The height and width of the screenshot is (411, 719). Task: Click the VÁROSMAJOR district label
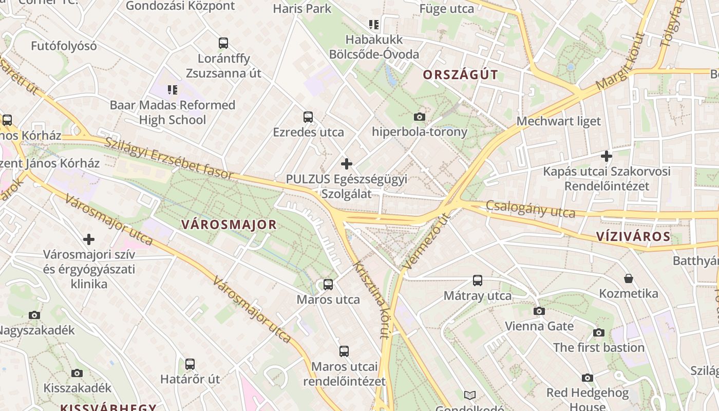(229, 225)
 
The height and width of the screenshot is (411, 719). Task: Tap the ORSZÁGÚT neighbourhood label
(460, 75)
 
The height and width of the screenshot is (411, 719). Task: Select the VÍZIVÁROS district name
(633, 236)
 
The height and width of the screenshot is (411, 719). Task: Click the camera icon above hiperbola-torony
(420, 117)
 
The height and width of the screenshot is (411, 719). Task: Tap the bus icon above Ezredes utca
(308, 117)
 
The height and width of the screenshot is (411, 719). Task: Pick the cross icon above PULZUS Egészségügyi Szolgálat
(347, 164)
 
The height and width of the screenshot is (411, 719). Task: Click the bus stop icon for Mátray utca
(478, 281)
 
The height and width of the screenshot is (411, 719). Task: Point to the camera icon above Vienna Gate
(539, 311)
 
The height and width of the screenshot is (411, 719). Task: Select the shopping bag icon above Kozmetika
(629, 278)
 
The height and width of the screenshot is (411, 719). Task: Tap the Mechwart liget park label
(558, 121)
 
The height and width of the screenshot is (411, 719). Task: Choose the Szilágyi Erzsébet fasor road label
(169, 158)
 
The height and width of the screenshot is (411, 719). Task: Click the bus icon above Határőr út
(190, 364)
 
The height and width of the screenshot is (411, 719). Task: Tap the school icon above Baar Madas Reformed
(173, 90)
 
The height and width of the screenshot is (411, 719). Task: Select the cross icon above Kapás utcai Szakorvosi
(607, 156)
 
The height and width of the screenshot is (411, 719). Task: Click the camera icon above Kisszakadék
(77, 373)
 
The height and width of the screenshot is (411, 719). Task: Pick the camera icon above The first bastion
(599, 333)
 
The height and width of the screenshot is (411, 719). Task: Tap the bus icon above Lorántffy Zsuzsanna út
(223, 43)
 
